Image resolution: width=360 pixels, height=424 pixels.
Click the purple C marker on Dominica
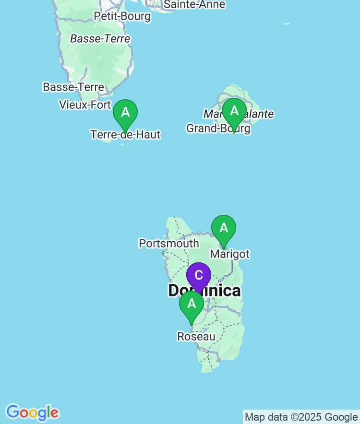198,276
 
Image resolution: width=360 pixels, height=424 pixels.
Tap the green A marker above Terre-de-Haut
125,113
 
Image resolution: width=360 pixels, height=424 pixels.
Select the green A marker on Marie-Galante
234,111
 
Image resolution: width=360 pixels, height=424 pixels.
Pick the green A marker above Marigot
224,228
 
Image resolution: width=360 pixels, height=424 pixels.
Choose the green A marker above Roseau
192,304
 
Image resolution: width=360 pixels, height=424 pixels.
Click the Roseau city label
196,337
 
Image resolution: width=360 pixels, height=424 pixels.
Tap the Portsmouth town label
168,243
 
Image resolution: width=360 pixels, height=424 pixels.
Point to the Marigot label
230,254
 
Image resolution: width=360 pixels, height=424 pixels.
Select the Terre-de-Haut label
125,135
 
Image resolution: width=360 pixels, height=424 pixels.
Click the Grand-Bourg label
218,129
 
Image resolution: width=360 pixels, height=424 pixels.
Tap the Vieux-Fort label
85,105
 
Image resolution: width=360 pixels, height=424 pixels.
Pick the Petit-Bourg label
122,16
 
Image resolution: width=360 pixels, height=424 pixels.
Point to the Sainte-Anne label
194,4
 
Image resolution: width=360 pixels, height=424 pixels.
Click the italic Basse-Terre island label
100,39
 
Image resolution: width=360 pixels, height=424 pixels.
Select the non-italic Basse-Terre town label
73,87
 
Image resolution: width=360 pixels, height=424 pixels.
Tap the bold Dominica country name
204,291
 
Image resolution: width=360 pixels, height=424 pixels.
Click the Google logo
32,412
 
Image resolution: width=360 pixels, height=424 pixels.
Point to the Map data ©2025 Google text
301,417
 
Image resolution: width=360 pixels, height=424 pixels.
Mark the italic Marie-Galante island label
239,114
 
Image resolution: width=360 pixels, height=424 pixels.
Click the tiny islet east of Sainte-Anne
287,23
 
